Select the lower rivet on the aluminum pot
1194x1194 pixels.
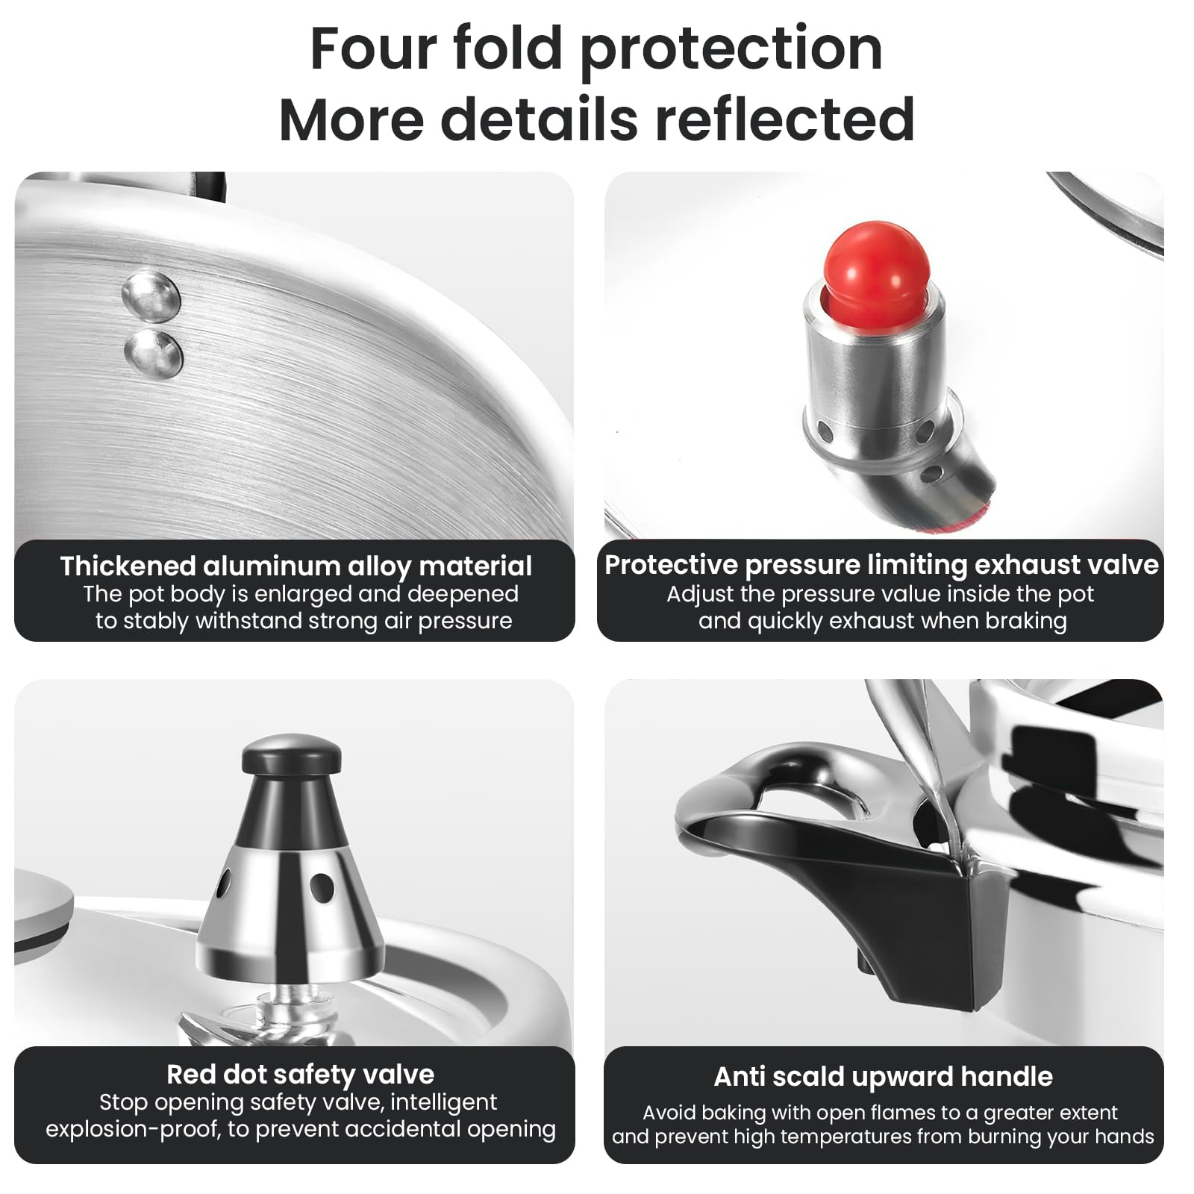(x=154, y=351)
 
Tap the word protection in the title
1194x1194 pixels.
(x=731, y=49)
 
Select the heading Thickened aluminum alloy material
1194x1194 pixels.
(x=296, y=566)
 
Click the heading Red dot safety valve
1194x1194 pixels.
(x=300, y=1074)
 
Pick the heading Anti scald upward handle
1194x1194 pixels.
(x=883, y=1077)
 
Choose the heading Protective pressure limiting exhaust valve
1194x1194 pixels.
(x=881, y=565)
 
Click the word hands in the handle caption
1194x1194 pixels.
(x=1124, y=1137)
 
